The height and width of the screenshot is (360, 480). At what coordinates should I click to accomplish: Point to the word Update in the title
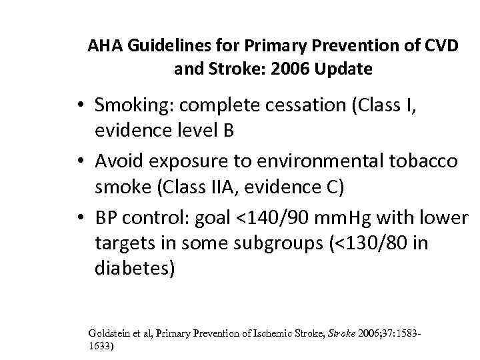click(x=346, y=69)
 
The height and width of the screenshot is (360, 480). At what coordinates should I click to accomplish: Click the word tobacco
click(x=425, y=161)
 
